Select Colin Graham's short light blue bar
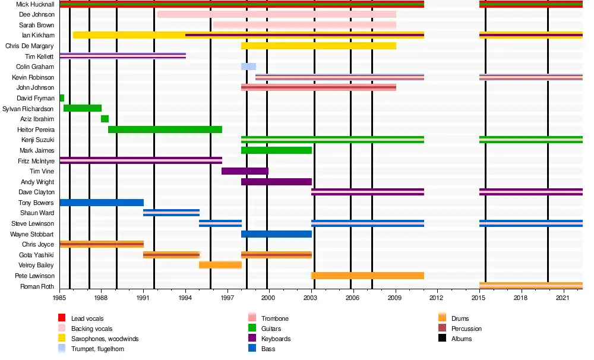pyautogui.click(x=248, y=67)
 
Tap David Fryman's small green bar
pyautogui.click(x=62, y=98)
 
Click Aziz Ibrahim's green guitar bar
pyautogui.click(x=105, y=119)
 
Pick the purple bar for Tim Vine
pyautogui.click(x=245, y=171)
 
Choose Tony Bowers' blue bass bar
pyautogui.click(x=102, y=203)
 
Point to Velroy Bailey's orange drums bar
pyautogui.click(x=220, y=265)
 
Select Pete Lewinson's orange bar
pyautogui.click(x=367, y=276)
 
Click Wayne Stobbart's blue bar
pyautogui.click(x=276, y=234)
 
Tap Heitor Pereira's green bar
pyautogui.click(x=165, y=130)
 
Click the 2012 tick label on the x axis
pyautogui.click(x=437, y=298)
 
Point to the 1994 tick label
pyautogui.click(x=185, y=298)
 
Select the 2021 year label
pyautogui.click(x=563, y=298)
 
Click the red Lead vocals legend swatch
pyautogui.click(x=61, y=319)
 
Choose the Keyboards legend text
pyautogui.click(x=276, y=339)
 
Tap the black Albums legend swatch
pyautogui.click(x=441, y=339)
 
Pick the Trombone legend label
pyautogui.click(x=275, y=319)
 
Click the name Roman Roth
pyautogui.click(x=38, y=286)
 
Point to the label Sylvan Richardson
pyautogui.click(x=29, y=109)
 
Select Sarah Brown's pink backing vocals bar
pyautogui.click(x=305, y=25)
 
